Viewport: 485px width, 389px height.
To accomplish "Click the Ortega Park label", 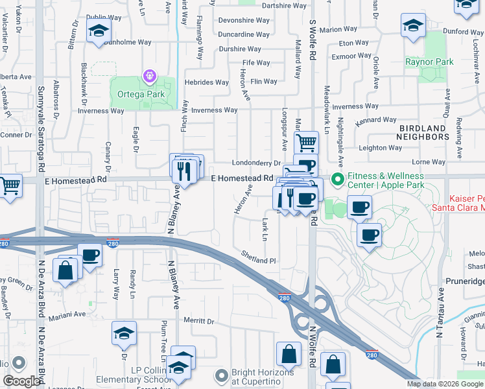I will (x=141, y=94).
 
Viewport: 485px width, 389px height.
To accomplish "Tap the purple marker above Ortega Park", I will (x=150, y=77).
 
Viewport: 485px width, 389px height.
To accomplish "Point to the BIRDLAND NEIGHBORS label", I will (x=423, y=133).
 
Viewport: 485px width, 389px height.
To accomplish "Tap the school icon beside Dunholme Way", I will (x=99, y=32).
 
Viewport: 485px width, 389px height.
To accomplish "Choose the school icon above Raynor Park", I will (x=413, y=26).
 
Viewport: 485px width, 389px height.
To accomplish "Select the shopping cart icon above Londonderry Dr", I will (x=306, y=141).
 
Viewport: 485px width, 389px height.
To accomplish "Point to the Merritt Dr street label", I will (x=198, y=321).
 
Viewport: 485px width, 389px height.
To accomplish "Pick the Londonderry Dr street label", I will (x=255, y=163).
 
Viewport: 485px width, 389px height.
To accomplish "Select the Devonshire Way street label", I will (x=244, y=20).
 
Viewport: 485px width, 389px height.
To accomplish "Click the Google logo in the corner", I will (x=21, y=381).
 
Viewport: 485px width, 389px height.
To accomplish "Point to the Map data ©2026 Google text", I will (x=445, y=384).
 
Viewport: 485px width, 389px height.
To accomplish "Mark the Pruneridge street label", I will (x=465, y=283).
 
